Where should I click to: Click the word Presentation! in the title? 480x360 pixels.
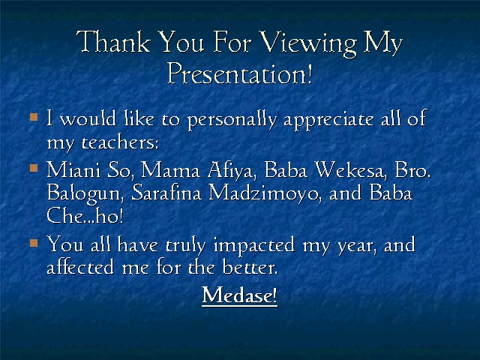240,73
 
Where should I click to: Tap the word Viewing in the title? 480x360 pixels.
308,43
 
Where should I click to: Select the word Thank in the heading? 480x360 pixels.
113,41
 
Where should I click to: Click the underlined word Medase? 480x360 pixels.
240,295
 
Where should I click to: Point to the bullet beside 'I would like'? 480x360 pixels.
34,117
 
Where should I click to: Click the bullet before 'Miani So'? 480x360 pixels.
34,168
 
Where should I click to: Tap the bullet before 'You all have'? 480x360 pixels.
34,243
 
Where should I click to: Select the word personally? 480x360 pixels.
232,120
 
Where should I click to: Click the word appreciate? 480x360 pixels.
328,120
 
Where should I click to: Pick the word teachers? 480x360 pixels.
120,142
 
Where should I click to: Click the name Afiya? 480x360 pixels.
231,170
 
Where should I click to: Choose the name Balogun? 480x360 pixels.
85,194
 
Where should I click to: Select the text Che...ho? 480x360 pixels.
85,215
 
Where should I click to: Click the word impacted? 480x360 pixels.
254,246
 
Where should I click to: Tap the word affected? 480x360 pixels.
80,267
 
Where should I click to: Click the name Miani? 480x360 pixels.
73,169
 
